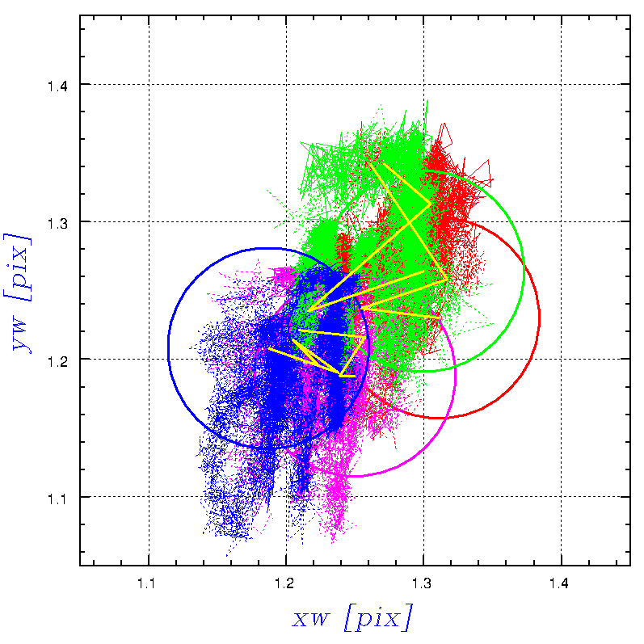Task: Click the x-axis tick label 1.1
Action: (x=149, y=583)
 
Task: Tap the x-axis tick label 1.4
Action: (x=561, y=583)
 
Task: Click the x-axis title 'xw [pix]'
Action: (x=352, y=619)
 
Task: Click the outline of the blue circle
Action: (x=168, y=347)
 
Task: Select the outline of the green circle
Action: (x=524, y=267)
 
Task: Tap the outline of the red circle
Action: (x=539, y=319)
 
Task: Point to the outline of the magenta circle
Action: (x=456, y=376)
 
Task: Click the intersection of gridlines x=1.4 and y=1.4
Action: (x=561, y=84)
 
